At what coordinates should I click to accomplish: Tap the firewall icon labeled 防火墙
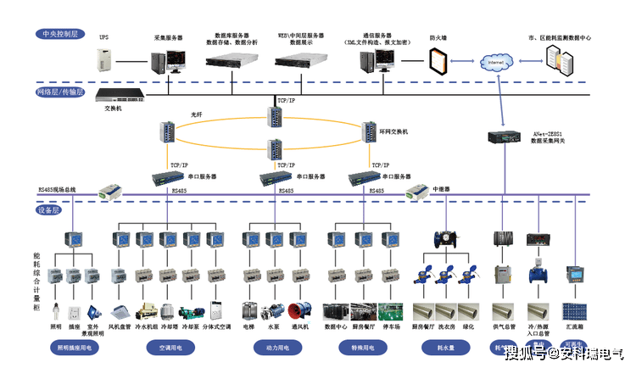tap(438, 61)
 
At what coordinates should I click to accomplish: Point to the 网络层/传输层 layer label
tap(60, 92)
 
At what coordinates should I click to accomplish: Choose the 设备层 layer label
tap(47, 209)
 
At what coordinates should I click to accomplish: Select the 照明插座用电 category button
tap(76, 347)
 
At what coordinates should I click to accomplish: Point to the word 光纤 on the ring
tap(196, 114)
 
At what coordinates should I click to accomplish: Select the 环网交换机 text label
tap(393, 131)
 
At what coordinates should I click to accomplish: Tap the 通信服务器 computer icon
tap(373, 62)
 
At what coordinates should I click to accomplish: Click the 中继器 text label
tap(442, 189)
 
